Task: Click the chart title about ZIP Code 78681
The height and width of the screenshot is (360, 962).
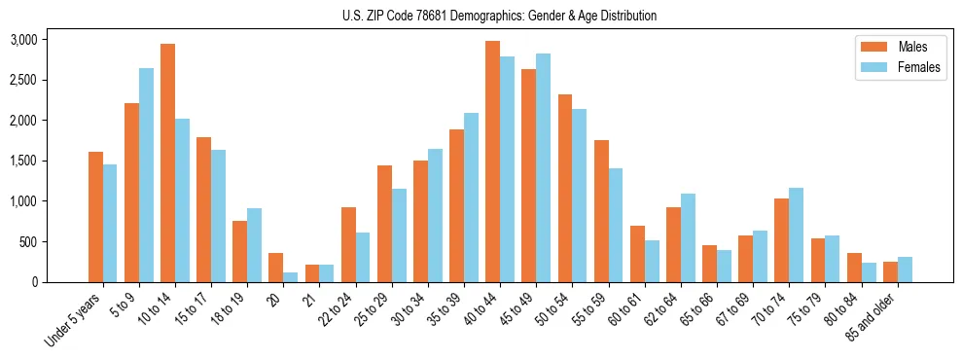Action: (x=499, y=16)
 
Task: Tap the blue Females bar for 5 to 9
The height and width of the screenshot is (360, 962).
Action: (x=146, y=175)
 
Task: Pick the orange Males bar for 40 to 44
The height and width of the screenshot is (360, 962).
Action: (x=492, y=162)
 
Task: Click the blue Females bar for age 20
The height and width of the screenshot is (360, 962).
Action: (x=291, y=277)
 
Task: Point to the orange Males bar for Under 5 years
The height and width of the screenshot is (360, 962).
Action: (x=95, y=217)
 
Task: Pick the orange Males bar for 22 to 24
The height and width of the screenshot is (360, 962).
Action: (x=348, y=244)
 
